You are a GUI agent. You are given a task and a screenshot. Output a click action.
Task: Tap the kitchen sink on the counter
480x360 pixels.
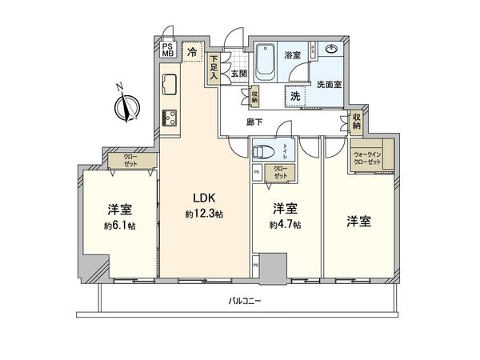pyautogui.click(x=170, y=84)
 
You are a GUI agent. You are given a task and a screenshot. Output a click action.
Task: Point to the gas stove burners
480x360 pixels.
pyautogui.click(x=170, y=118)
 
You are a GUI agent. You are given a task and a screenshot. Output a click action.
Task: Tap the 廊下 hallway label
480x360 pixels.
pyautogui.click(x=255, y=122)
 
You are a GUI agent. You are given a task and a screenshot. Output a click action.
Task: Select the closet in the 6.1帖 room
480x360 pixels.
pyautogui.click(x=129, y=160)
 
